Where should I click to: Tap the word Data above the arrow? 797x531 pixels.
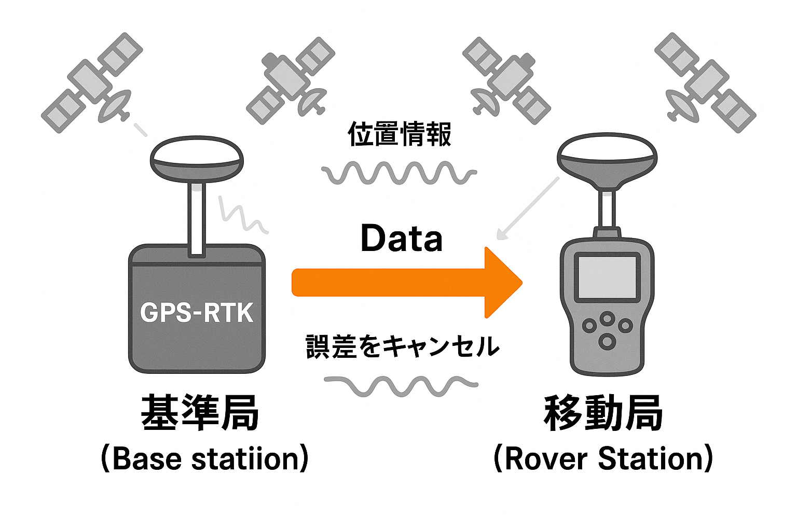[401, 239]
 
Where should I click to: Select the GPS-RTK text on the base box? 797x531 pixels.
[197, 313]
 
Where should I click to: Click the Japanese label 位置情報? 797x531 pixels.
[400, 134]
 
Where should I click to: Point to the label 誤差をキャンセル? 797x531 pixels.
[402, 346]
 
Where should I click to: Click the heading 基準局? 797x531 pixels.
[200, 413]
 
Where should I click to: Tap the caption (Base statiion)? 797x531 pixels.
[205, 458]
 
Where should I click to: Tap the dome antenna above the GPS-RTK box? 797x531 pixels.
[197, 158]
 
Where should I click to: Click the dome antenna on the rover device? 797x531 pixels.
[607, 161]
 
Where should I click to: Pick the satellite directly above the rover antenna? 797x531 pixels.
[506, 80]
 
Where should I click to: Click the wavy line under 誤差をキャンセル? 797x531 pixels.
[400, 385]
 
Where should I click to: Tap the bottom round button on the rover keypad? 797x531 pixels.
[607, 341]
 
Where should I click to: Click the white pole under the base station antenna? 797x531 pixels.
[196, 218]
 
